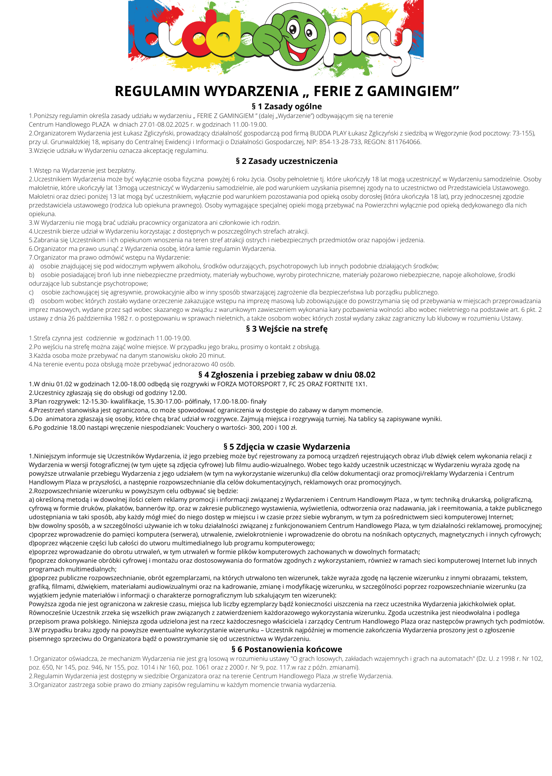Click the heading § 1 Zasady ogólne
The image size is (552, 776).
click(x=287, y=106)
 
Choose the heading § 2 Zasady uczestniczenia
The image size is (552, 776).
click(x=287, y=161)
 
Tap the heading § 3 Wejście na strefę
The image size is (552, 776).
click(x=287, y=329)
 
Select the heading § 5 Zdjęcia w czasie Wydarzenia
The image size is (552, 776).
click(x=287, y=447)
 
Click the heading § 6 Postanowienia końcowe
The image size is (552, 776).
click(x=287, y=649)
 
